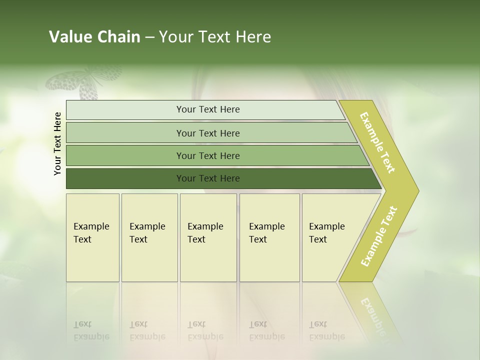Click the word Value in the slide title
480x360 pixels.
pos(69,37)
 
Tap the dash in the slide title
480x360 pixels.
pos(149,37)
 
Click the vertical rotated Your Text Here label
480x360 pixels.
pos(57,143)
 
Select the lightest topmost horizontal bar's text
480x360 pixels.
pos(208,109)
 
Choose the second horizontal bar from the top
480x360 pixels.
pos(208,133)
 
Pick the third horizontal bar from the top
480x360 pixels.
pos(208,155)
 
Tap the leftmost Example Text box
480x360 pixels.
pos(92,237)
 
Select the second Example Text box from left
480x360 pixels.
pos(149,237)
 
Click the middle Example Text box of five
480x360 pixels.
pos(208,237)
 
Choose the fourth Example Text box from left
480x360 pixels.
pos(269,237)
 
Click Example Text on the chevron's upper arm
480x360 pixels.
pos(377,142)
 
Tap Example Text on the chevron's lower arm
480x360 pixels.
pos(379,236)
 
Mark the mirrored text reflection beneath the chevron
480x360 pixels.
pos(372,312)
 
